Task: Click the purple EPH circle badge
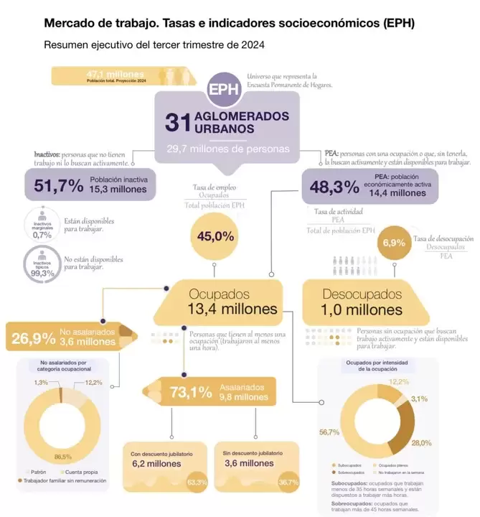pos(223,89)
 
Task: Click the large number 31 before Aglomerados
pos(177,122)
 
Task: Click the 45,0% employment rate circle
pos(215,236)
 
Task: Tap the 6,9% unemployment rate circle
pos(394,243)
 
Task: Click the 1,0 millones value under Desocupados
pos(363,310)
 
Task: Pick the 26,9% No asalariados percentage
pos(33,337)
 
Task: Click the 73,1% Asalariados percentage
pos(190,392)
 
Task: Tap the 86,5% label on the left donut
pos(63,457)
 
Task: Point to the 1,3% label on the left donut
pos(41,383)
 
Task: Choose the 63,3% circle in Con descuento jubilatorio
pos(197,482)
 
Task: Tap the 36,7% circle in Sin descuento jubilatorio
pos(288,482)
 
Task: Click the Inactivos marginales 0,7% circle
pos(42,224)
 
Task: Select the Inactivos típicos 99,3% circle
pos(42,264)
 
